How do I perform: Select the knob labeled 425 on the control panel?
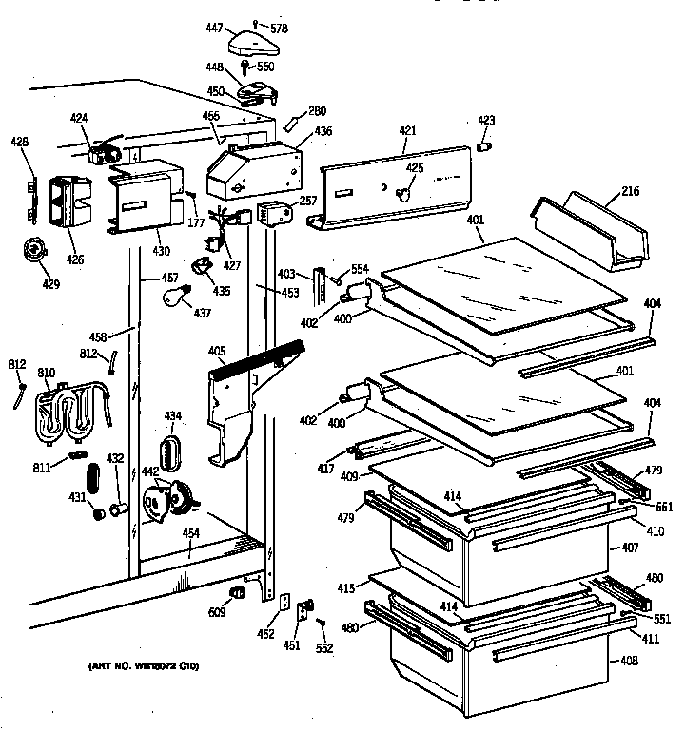click(x=403, y=193)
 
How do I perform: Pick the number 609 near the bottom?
click(x=217, y=611)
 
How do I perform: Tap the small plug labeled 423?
click(x=483, y=146)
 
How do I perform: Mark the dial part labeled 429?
click(x=34, y=251)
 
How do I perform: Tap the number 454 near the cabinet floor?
click(x=191, y=532)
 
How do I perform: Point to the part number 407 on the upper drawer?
click(x=630, y=548)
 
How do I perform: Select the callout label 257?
click(x=308, y=202)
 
